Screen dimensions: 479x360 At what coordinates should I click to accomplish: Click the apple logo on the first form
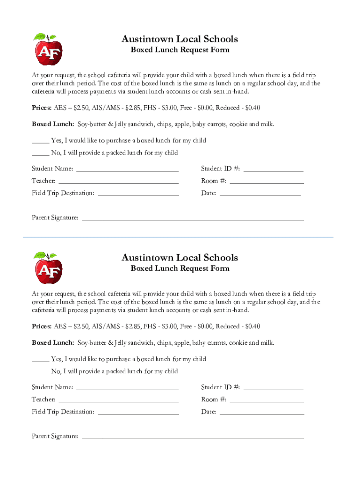pos(48,49)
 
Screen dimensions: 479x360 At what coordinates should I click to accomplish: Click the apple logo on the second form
pos(48,268)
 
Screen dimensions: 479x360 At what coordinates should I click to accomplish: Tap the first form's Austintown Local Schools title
pos(180,39)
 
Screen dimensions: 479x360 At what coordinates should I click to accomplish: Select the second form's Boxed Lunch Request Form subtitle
pos(180,269)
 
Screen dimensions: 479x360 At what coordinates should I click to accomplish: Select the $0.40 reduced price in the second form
pos(252,327)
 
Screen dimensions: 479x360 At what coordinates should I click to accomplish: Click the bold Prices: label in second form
pos(42,327)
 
